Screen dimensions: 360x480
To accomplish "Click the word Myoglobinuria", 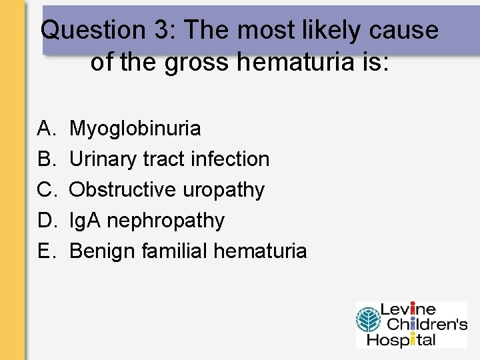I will point(135,128).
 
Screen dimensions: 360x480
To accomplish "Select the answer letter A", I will point(45,128).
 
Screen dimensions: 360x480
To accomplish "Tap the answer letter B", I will point(45,159).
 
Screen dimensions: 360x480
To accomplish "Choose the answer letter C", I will point(45,190).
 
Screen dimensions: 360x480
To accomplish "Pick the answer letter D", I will point(45,221).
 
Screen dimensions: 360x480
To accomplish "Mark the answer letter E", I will point(45,251).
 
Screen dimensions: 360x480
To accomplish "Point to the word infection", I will point(229,159).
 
